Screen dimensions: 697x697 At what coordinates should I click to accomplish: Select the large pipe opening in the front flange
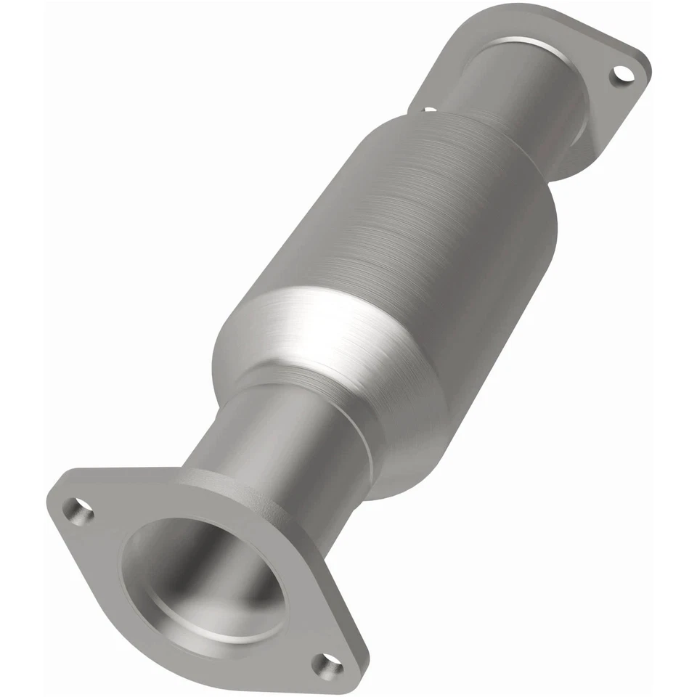pyautogui.click(x=203, y=574)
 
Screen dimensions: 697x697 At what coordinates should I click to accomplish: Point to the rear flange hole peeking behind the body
pyautogui.click(x=429, y=110)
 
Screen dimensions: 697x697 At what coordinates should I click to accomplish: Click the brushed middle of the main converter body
pyautogui.click(x=421, y=218)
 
